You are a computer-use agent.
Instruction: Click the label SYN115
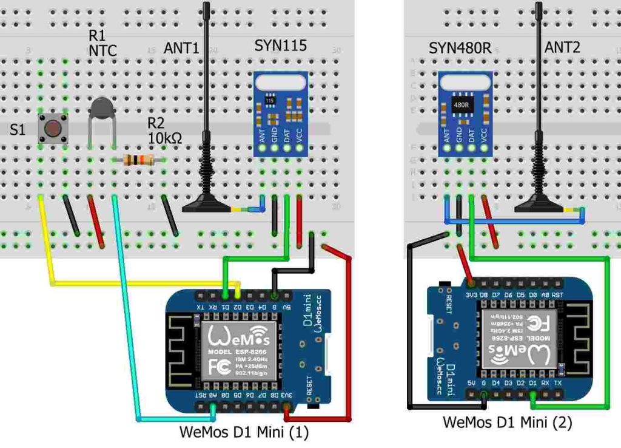click(x=280, y=46)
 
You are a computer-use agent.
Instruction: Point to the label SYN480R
click(x=460, y=48)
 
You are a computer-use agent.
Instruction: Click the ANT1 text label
click(x=181, y=48)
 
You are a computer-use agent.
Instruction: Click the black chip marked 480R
click(x=461, y=104)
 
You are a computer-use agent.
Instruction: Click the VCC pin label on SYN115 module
click(x=300, y=134)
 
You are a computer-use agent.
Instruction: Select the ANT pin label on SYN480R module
click(x=447, y=134)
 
